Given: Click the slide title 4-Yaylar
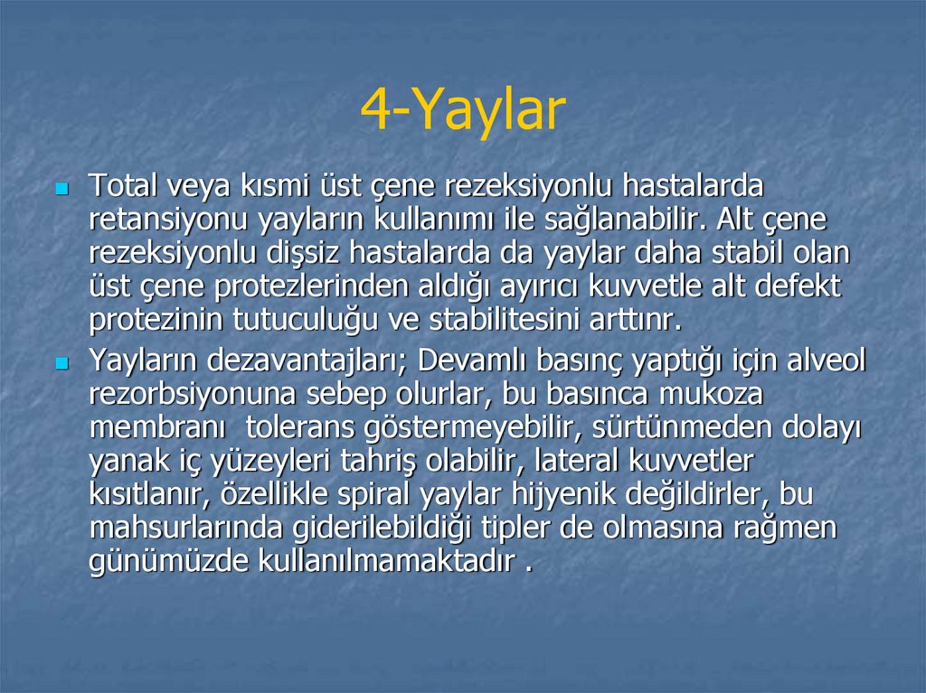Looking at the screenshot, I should [x=462, y=111].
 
